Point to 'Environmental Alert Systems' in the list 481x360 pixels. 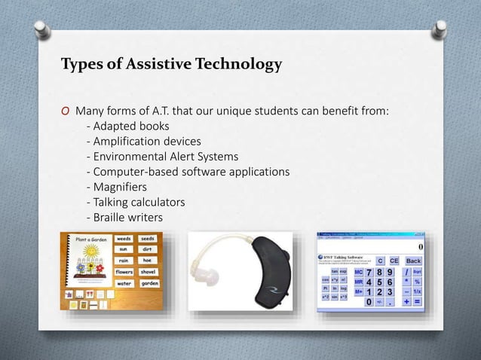click(x=163, y=157)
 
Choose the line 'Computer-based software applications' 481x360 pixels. click(x=188, y=172)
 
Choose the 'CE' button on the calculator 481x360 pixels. click(x=392, y=261)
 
